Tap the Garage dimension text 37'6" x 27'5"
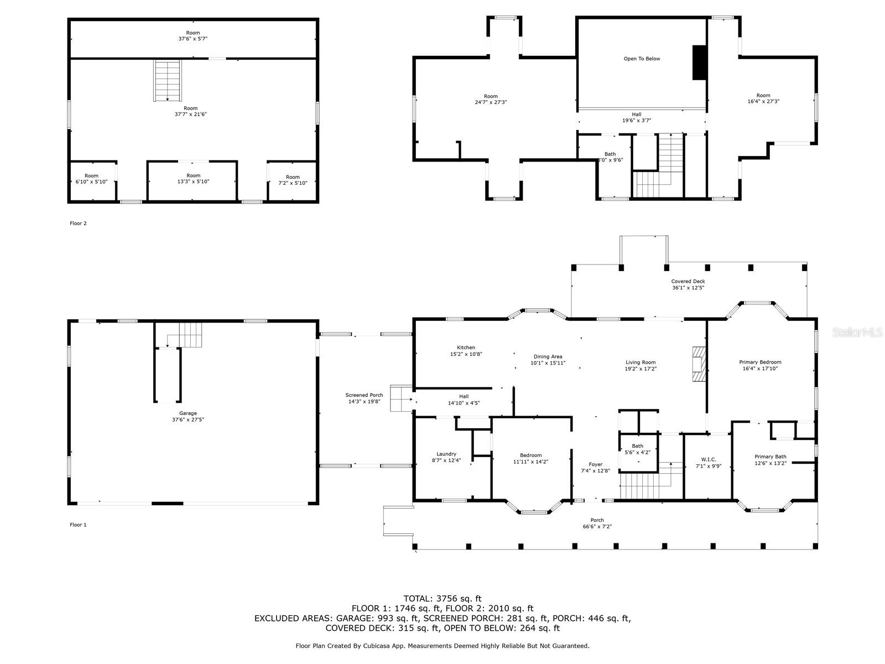188,420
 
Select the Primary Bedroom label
760,362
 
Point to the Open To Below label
642,59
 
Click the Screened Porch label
364,395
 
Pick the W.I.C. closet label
709,459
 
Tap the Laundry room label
446,454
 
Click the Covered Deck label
688,281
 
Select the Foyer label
595,464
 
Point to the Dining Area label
548,356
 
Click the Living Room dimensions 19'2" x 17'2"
641,369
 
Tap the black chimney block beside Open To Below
699,63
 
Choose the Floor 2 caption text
78,224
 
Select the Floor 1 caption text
78,525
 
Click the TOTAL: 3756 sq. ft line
442,598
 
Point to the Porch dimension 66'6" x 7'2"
597,527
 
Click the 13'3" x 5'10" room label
193,182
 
